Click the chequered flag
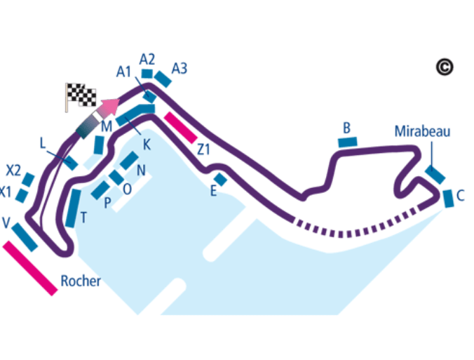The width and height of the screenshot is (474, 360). (79, 95)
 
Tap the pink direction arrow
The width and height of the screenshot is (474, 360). (108, 107)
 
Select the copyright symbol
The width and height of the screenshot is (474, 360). (444, 67)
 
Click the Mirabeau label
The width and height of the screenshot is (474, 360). (421, 131)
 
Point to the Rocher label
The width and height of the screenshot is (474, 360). (81, 281)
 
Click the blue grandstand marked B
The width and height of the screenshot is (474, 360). (347, 142)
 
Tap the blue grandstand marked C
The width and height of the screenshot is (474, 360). (448, 199)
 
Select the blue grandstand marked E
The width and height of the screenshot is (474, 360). (220, 180)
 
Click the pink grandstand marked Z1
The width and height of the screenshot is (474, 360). (180, 127)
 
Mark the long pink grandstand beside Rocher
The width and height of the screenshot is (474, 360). (30, 267)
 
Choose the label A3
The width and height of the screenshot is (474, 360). (180, 69)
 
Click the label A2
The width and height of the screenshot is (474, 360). (147, 58)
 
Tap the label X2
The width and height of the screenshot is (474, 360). (13, 171)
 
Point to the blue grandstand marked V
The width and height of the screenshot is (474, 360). (25, 236)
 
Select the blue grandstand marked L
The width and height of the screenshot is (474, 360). (70, 162)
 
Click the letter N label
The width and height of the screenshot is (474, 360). (141, 170)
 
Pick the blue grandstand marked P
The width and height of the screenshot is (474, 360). (100, 189)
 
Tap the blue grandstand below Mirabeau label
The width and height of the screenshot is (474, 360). (435, 175)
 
